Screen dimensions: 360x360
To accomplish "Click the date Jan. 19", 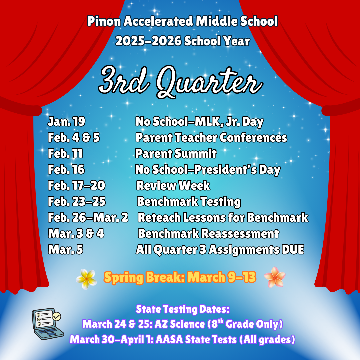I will [x=66, y=122].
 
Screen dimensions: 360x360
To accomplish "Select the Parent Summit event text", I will [x=176, y=154].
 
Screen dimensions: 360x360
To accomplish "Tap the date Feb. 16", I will [x=66, y=170].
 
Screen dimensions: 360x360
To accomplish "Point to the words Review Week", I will [x=173, y=186].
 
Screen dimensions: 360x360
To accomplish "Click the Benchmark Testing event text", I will [x=189, y=202].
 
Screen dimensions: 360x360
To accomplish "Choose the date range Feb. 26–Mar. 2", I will [x=88, y=218].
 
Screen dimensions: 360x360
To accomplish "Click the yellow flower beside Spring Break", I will [x=87, y=279].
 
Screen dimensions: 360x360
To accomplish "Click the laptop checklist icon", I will [x=47, y=323].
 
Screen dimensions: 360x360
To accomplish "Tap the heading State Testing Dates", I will [x=183, y=309].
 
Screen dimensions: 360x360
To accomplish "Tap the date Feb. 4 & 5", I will [x=74, y=138].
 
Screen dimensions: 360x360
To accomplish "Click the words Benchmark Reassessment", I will [x=208, y=234].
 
